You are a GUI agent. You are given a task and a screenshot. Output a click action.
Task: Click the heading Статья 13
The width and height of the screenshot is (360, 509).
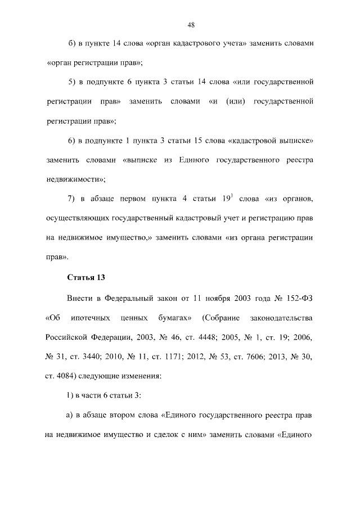coord(86,278)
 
